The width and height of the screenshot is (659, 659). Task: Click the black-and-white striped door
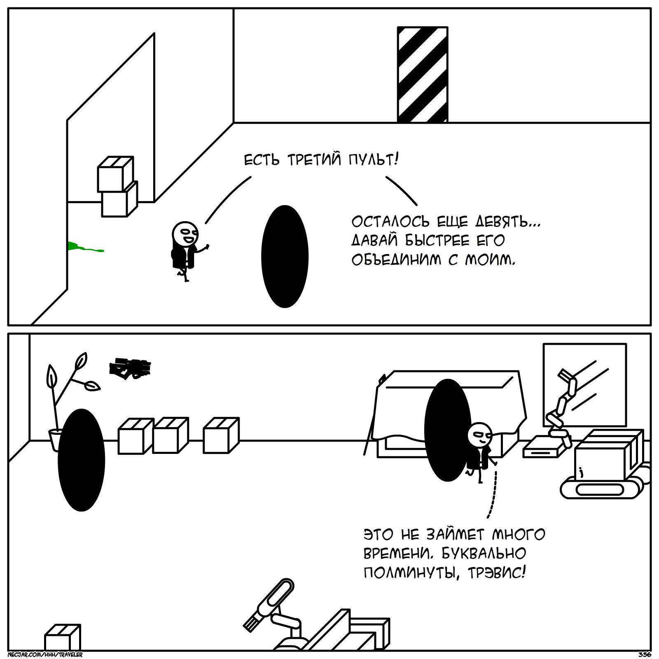point(422,75)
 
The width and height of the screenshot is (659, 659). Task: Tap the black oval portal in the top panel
point(285,256)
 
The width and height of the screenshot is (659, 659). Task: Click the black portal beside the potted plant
point(82,460)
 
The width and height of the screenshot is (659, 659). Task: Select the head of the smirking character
point(480,434)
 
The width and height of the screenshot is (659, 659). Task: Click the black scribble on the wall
point(130,367)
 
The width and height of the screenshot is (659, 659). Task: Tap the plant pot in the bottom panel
point(55,439)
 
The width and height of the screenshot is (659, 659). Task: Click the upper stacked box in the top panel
point(115,174)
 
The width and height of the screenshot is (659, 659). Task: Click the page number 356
point(644,654)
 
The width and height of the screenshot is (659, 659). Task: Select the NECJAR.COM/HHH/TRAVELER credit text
point(45,654)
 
